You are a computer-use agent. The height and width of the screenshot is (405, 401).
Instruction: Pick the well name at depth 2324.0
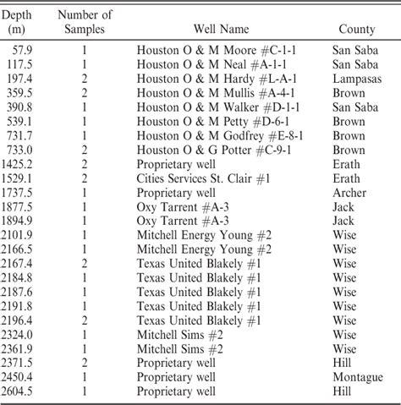[x=179, y=335]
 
